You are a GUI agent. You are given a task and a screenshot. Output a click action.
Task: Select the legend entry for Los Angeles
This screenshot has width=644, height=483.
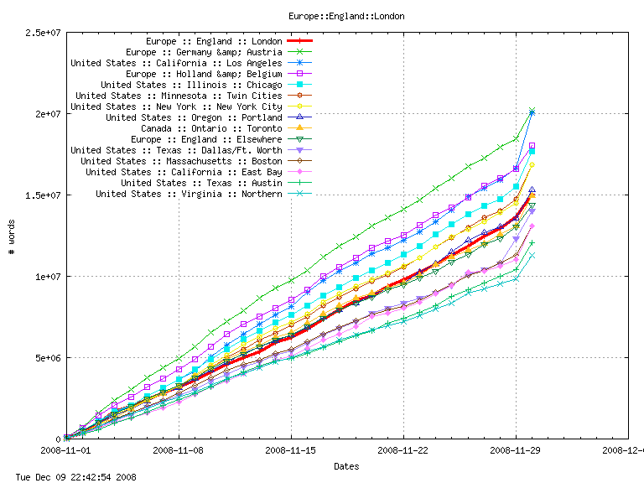point(176,63)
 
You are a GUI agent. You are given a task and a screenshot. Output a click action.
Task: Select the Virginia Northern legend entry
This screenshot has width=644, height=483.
point(189,194)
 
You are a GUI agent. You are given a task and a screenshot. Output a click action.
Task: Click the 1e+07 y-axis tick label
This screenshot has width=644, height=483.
point(47,277)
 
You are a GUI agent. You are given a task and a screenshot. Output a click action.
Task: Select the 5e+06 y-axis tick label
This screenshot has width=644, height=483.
point(47,358)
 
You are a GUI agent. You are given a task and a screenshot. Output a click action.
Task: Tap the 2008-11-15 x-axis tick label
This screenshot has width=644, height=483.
point(291,450)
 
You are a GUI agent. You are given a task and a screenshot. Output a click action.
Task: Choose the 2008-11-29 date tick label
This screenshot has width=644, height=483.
point(516,450)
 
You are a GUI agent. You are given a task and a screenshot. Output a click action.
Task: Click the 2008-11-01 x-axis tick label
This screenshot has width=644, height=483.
point(66,450)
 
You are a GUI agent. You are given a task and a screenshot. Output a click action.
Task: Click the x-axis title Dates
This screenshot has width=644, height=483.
point(347,465)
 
